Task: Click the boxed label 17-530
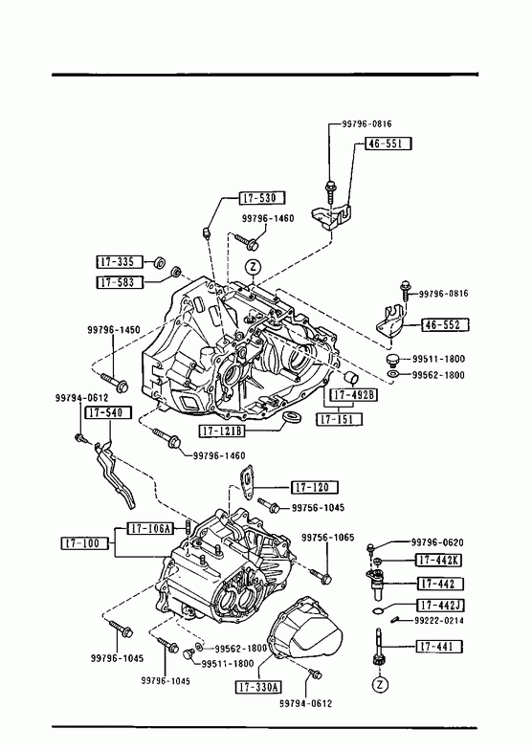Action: click(x=261, y=197)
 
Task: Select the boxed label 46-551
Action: click(x=388, y=144)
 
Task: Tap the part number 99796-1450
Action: click(x=114, y=329)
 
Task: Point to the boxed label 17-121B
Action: click(x=222, y=431)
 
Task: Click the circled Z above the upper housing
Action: click(x=253, y=267)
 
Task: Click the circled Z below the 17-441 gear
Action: click(x=380, y=685)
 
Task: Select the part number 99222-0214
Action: click(x=438, y=620)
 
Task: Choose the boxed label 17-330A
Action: click(x=258, y=687)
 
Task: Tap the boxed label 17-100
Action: click(x=85, y=543)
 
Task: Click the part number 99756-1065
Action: click(x=328, y=538)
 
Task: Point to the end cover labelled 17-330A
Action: click(x=305, y=629)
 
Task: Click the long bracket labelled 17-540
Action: click(x=114, y=474)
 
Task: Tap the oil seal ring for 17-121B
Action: click(x=290, y=417)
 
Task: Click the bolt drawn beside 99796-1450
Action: click(x=116, y=383)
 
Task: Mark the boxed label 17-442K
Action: click(x=439, y=560)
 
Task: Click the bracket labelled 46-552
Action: click(x=390, y=322)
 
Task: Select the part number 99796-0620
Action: click(x=437, y=542)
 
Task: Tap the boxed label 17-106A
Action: click(x=150, y=528)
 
